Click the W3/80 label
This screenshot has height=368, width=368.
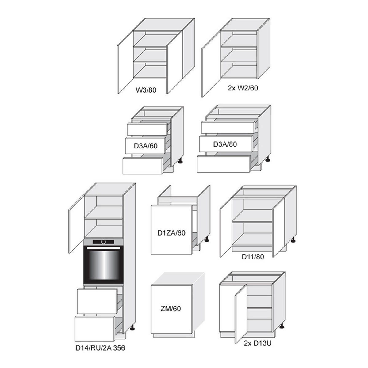click(x=146, y=90)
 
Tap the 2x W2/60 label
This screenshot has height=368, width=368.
click(x=243, y=88)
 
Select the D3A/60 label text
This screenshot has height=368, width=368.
click(x=146, y=146)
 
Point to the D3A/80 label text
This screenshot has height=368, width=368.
click(x=225, y=144)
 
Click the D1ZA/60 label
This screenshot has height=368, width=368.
click(x=171, y=233)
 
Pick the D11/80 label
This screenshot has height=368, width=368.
click(x=253, y=257)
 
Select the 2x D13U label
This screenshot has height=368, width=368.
click(x=258, y=343)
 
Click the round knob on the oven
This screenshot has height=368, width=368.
click(x=104, y=242)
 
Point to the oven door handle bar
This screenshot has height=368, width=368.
click(x=103, y=248)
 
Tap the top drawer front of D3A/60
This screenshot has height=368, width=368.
click(x=147, y=129)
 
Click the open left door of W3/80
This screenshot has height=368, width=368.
click(x=125, y=63)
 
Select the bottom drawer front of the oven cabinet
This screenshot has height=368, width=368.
click(x=94, y=329)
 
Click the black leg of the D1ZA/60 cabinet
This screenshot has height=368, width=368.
click(x=207, y=239)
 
